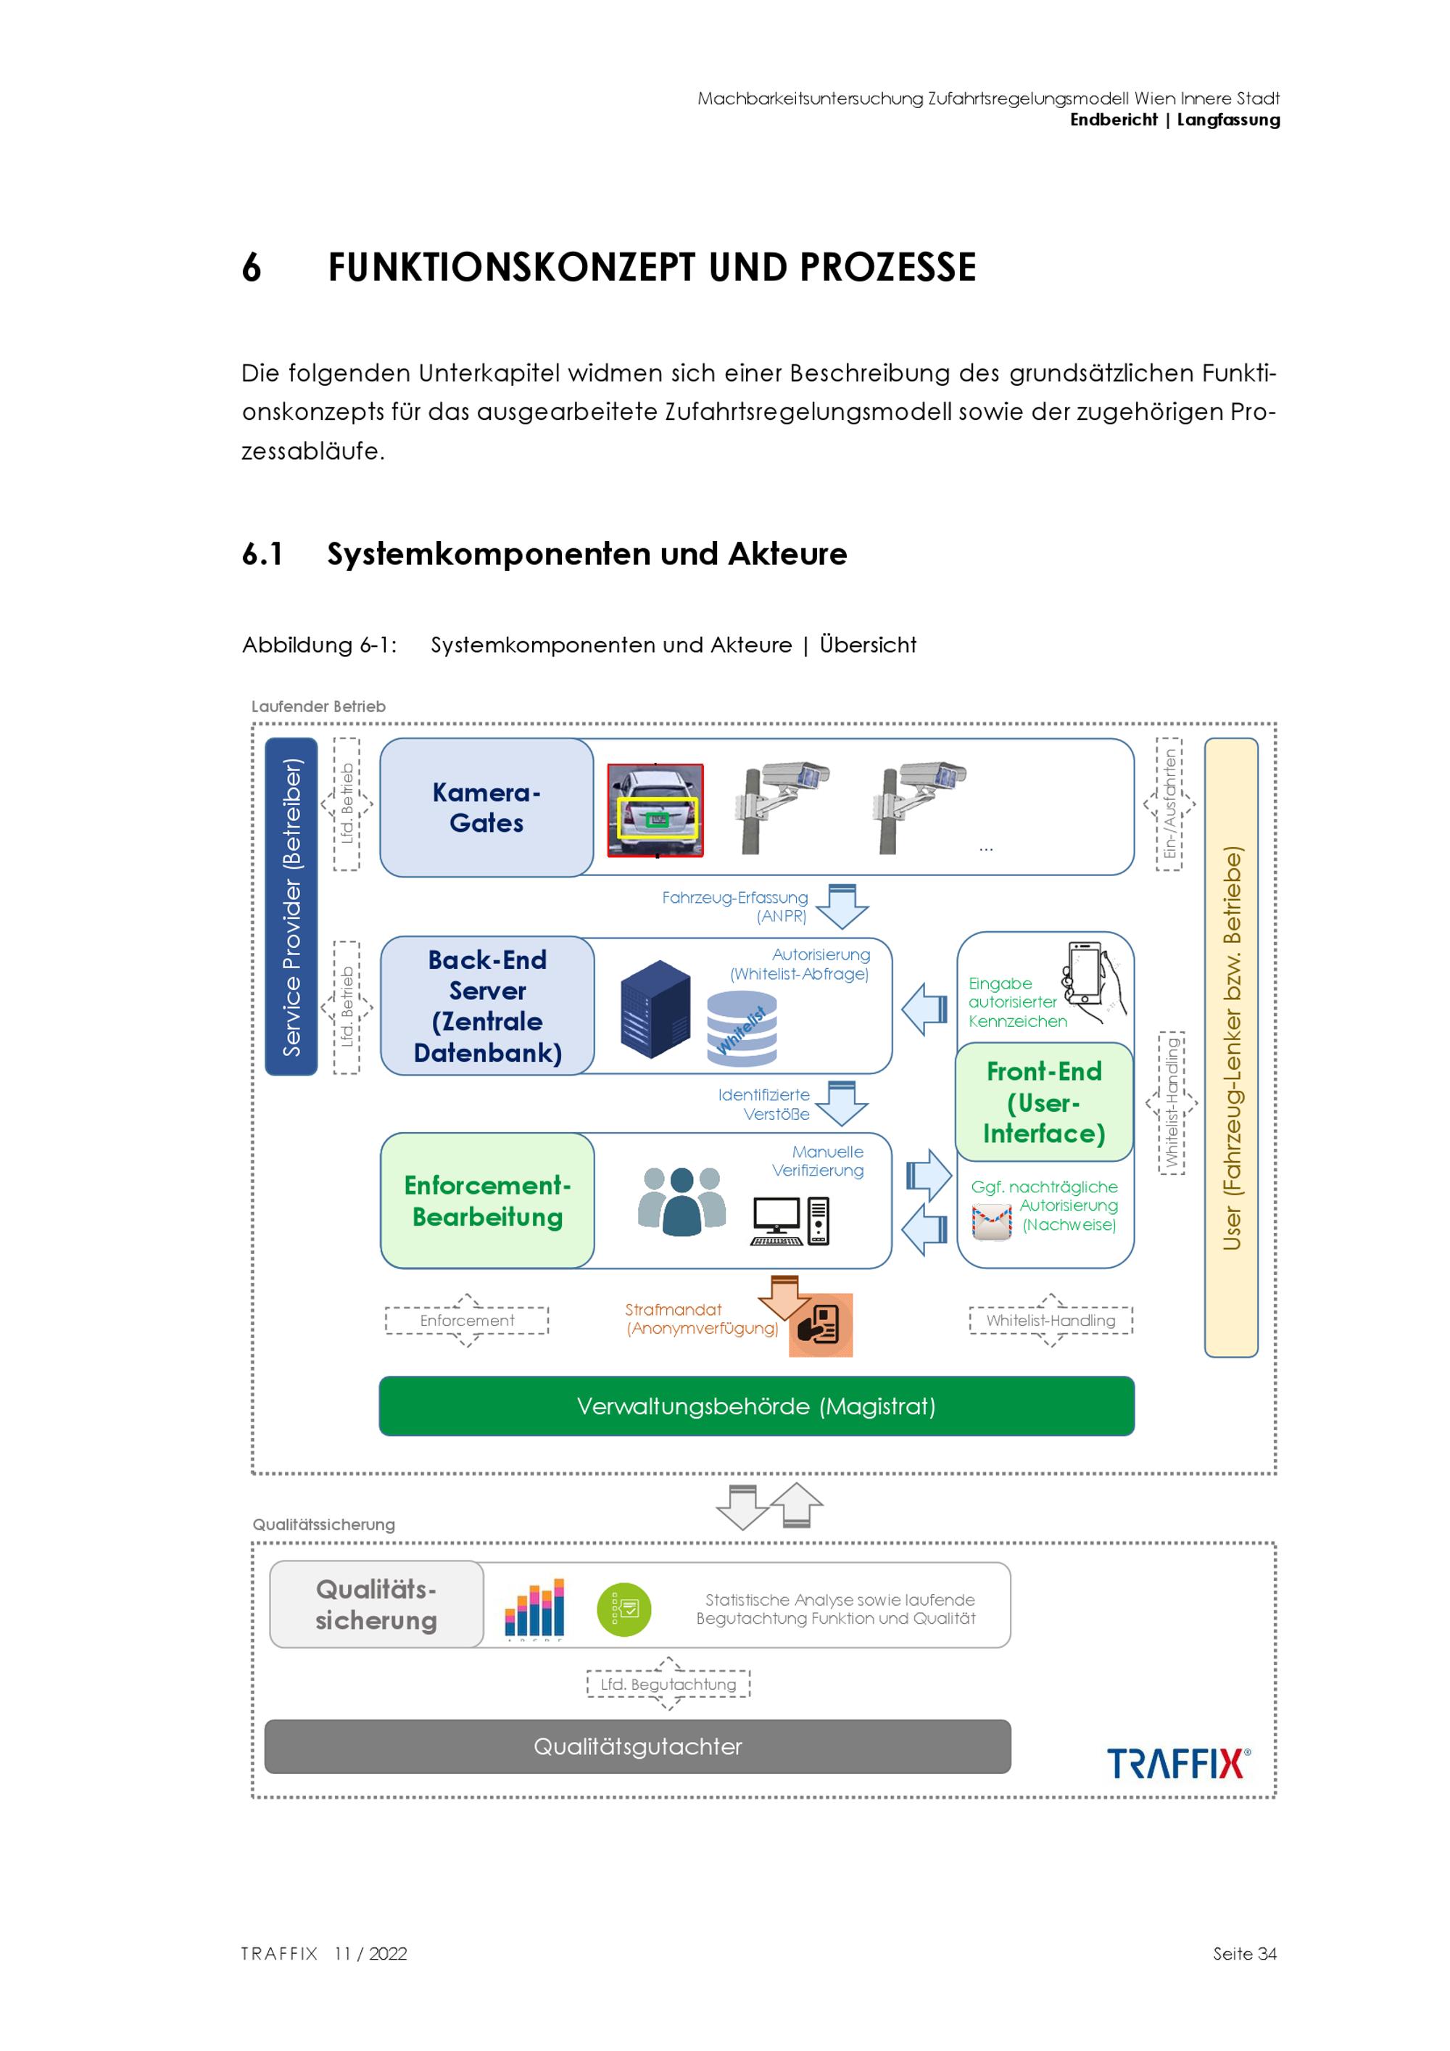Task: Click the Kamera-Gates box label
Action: pos(486,807)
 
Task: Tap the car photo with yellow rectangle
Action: pos(655,810)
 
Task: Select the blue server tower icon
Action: pos(655,1009)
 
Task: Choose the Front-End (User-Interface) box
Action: pos(1044,1102)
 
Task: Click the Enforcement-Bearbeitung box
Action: pos(487,1200)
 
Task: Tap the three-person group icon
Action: pos(682,1200)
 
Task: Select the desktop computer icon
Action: pos(790,1221)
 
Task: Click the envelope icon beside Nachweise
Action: pos(992,1221)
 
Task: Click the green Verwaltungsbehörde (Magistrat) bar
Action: pos(757,1406)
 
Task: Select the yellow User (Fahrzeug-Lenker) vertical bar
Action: pos(1231,1048)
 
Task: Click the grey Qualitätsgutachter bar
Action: pos(637,1746)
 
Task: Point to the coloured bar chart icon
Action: pos(534,1608)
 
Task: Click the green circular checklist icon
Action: pos(624,1610)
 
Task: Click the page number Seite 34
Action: pos(1245,1954)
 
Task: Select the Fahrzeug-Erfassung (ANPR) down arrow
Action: pos(842,906)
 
